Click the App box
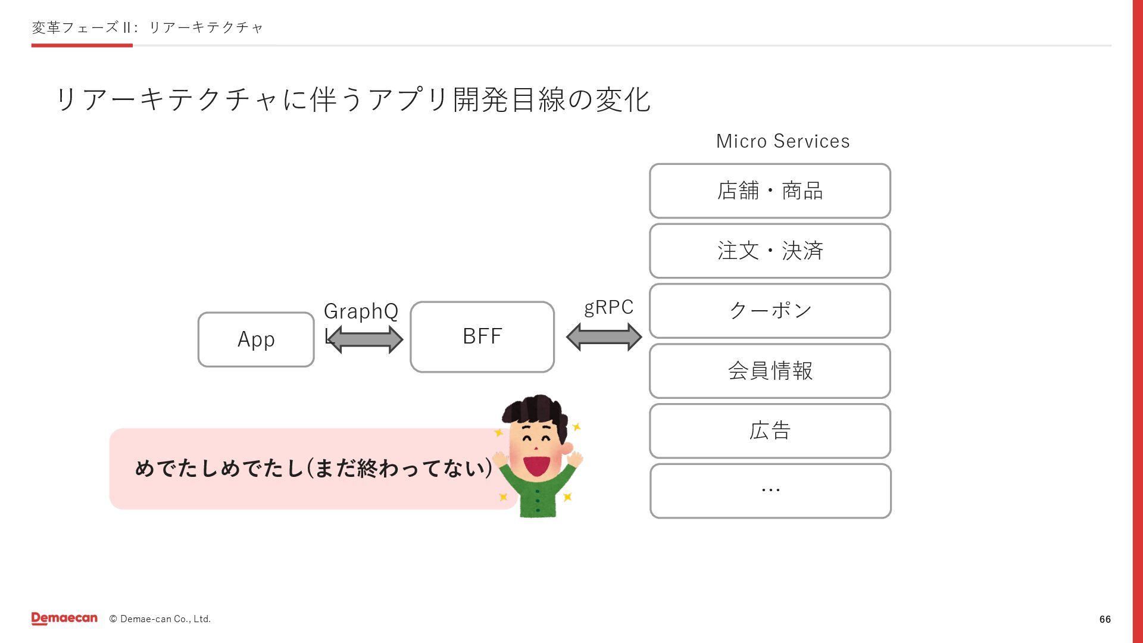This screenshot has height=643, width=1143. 256,339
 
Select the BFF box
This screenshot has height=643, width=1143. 482,337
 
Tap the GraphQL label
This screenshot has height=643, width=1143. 361,311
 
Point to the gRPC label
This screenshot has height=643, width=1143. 608,307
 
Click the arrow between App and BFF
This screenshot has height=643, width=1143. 365,340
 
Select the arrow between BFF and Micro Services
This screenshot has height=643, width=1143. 604,337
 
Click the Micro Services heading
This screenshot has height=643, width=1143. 783,141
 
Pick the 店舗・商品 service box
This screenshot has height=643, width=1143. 770,191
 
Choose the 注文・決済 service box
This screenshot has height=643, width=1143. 770,251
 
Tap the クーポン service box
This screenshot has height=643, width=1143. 770,311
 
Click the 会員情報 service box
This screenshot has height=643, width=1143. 770,371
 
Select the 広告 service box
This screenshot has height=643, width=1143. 770,431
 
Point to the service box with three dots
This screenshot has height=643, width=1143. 770,491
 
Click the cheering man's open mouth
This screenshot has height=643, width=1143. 536,465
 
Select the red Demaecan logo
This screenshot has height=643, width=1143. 64,619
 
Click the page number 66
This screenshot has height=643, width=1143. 1105,619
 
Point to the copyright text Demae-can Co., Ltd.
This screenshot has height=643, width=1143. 160,619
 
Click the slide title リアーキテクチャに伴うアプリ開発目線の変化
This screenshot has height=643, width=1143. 352,99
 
